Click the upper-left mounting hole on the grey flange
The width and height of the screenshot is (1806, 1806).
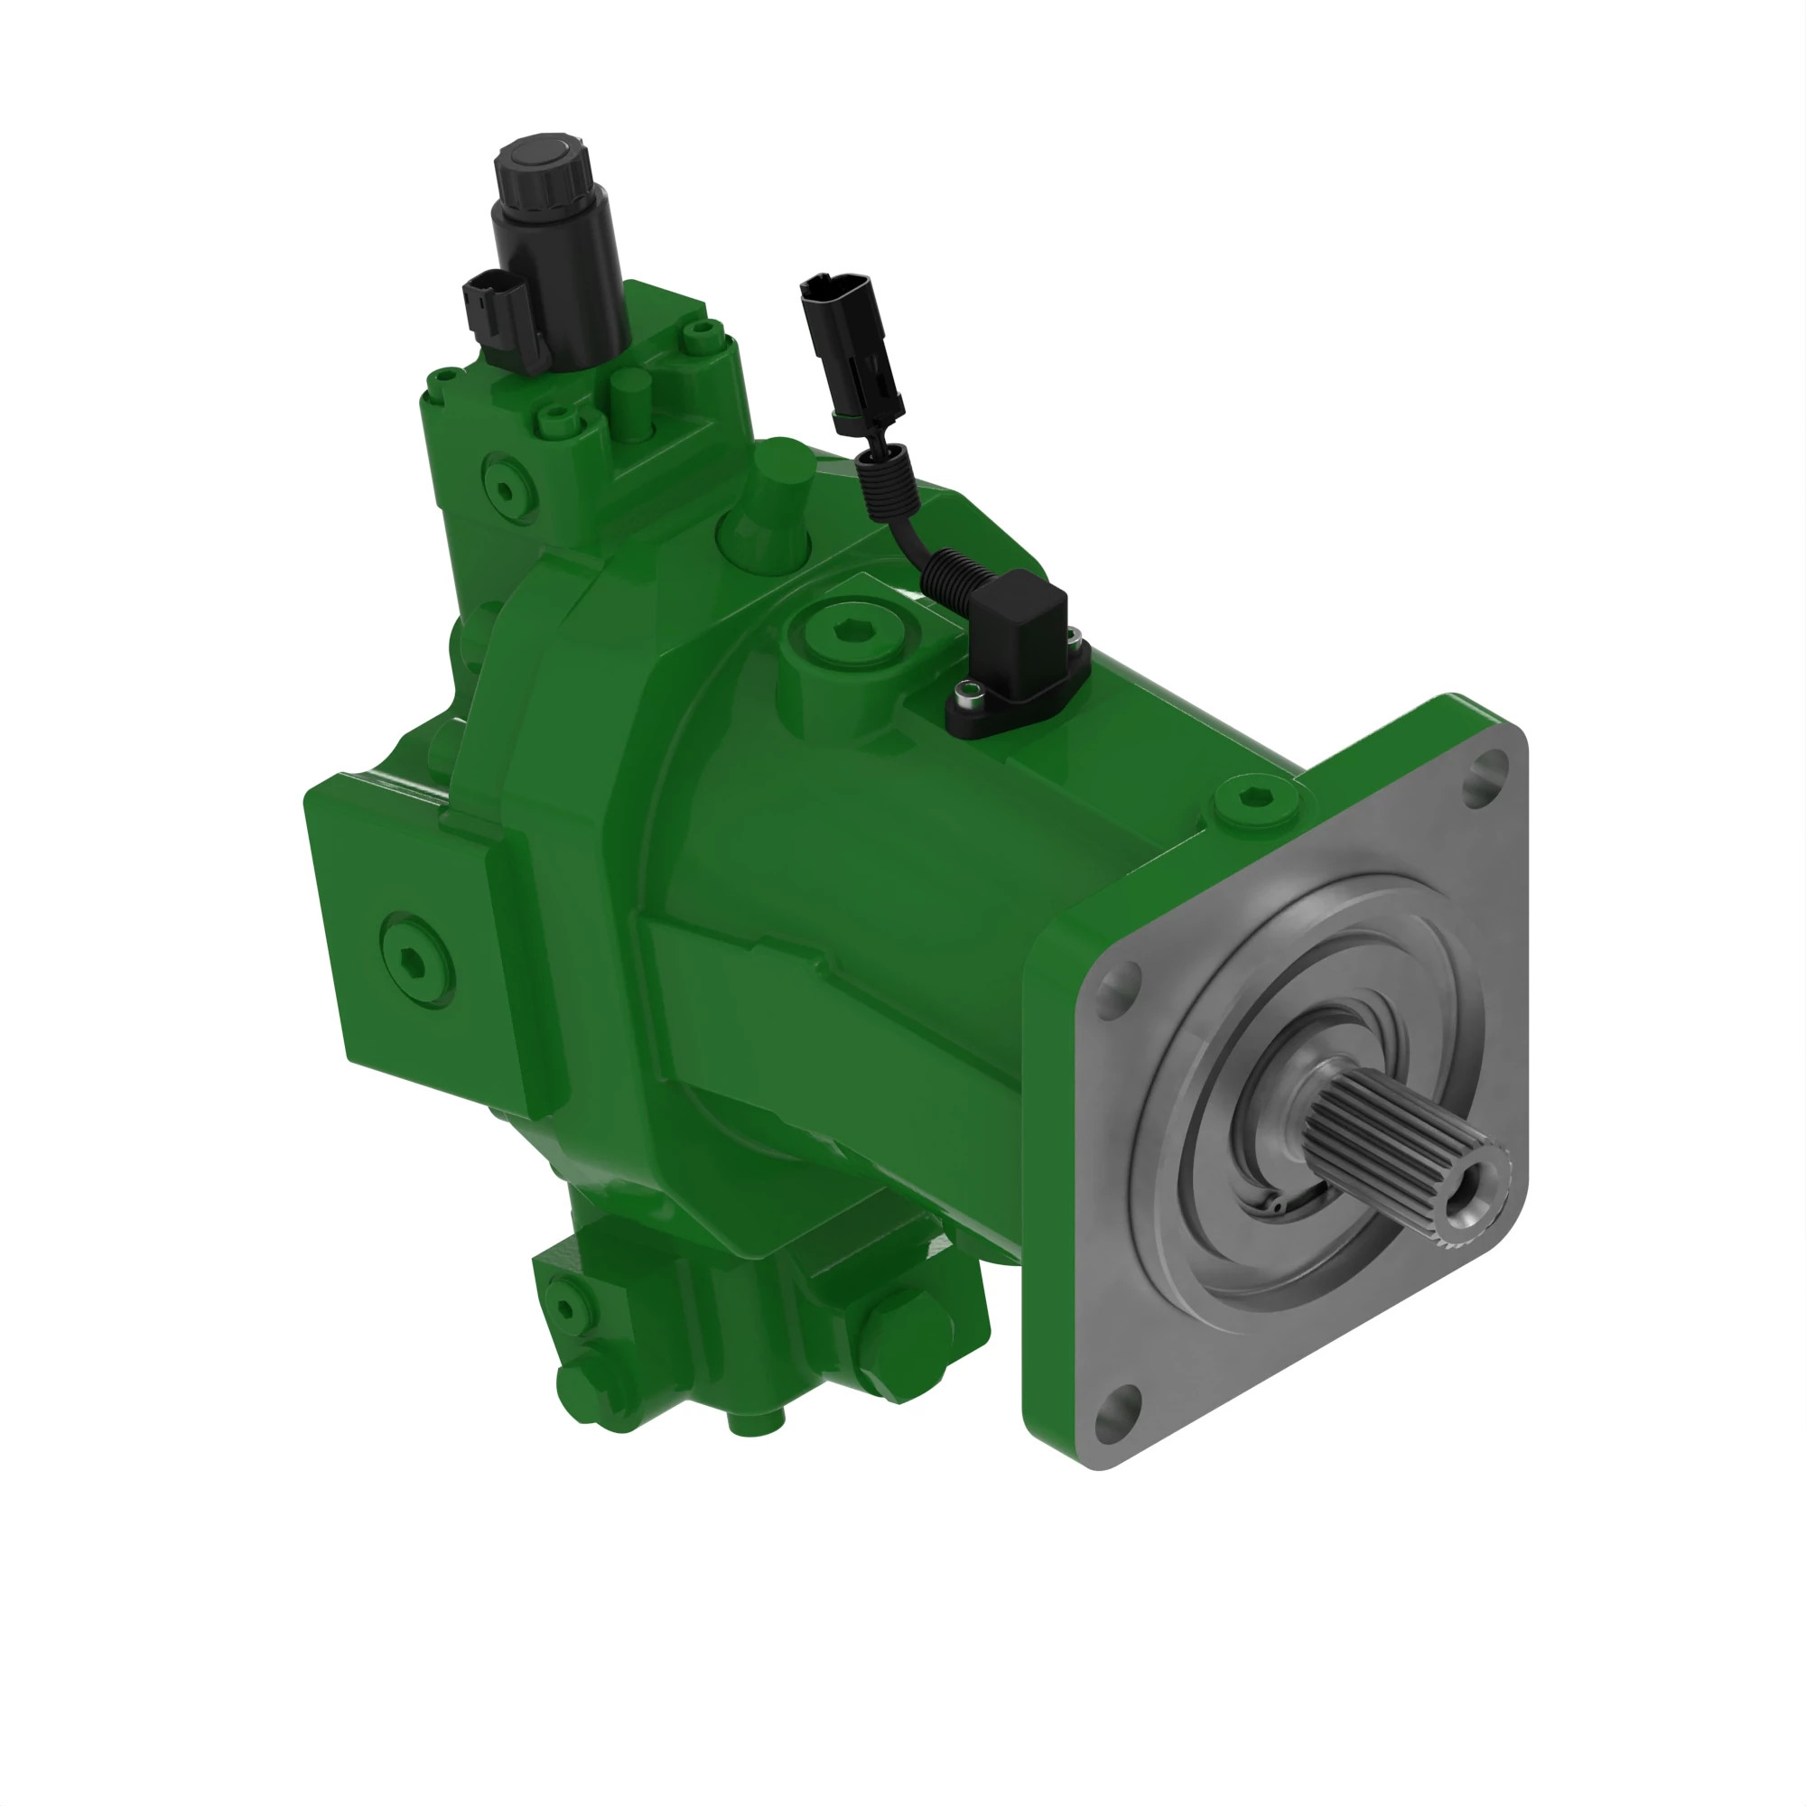1119,990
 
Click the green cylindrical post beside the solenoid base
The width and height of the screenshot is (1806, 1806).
630,402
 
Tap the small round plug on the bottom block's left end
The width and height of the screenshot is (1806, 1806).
564,1308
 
